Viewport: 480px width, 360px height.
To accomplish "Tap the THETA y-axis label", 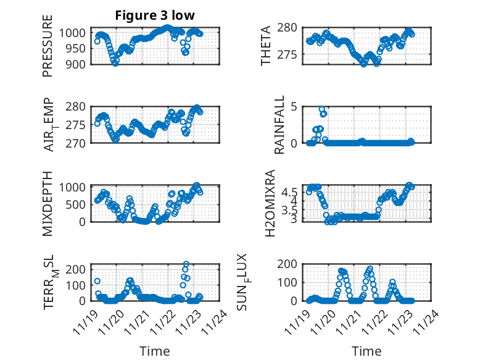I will tap(266, 46).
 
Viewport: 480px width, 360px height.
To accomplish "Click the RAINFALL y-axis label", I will tap(279, 125).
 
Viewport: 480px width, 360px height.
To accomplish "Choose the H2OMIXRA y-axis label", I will tap(270, 204).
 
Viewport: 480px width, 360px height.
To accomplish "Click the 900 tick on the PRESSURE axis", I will tap(78, 64).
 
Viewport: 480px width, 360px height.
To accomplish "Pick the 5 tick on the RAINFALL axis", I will tap(294, 106).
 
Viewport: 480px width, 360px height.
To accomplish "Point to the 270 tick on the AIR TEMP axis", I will tap(78, 143).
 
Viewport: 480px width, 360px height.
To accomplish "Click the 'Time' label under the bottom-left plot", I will tap(154, 351).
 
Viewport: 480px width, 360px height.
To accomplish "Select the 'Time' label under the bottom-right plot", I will tap(366, 351).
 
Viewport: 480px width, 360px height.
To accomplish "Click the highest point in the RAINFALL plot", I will tap(322, 109).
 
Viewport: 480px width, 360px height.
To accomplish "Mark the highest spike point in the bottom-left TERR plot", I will tap(186, 264).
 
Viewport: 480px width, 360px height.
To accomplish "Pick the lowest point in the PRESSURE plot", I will tap(115, 63).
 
